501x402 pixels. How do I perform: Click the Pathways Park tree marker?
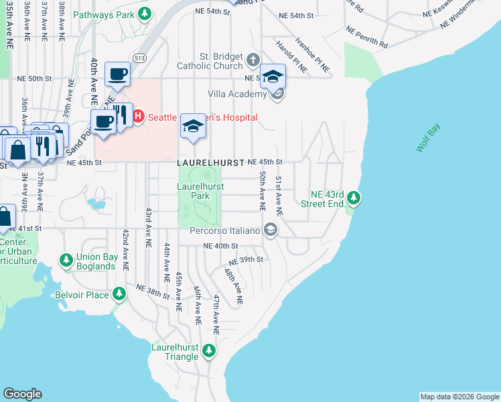click(x=145, y=13)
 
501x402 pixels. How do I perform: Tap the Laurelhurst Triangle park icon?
click(x=210, y=350)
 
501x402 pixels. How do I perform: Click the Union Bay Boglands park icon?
click(x=66, y=259)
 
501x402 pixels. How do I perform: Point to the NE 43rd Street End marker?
click(x=354, y=198)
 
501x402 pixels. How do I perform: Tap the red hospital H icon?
click(x=139, y=117)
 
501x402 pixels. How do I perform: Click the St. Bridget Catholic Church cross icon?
click(x=253, y=60)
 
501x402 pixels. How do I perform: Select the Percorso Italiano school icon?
click(x=271, y=230)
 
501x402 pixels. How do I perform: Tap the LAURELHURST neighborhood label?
click(x=210, y=163)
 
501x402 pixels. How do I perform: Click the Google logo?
click(x=22, y=394)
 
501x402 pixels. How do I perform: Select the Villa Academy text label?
click(x=238, y=94)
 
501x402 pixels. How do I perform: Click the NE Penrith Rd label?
click(x=367, y=37)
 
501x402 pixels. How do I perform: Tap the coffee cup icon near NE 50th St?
click(x=118, y=74)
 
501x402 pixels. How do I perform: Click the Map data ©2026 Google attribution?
click(x=459, y=397)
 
